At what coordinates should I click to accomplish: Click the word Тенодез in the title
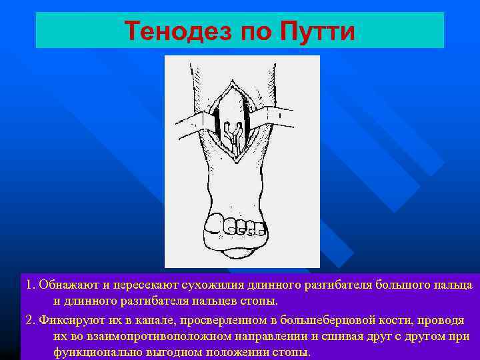tap(172, 31)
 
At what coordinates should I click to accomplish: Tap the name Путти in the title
tap(315, 31)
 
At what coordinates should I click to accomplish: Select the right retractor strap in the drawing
tap(279, 115)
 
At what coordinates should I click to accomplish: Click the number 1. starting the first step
tap(29, 285)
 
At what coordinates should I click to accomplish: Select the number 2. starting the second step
tap(29, 319)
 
